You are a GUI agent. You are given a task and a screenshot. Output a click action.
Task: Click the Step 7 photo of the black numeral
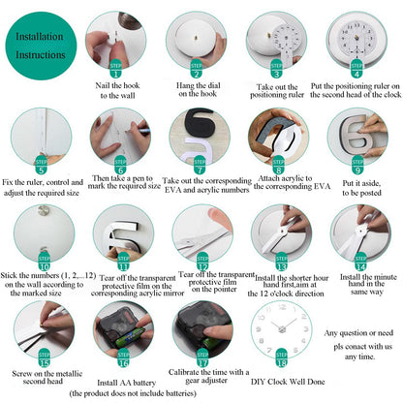(x=197, y=136)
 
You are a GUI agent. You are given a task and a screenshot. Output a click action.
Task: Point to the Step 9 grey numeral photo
(x=356, y=136)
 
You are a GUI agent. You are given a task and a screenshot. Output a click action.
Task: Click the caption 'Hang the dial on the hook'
(x=197, y=89)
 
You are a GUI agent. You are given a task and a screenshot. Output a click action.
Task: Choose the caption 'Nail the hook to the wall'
(x=116, y=89)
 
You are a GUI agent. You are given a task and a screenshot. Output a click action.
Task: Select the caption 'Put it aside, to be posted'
(x=357, y=186)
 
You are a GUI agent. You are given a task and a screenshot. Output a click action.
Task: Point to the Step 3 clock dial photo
(x=276, y=39)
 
